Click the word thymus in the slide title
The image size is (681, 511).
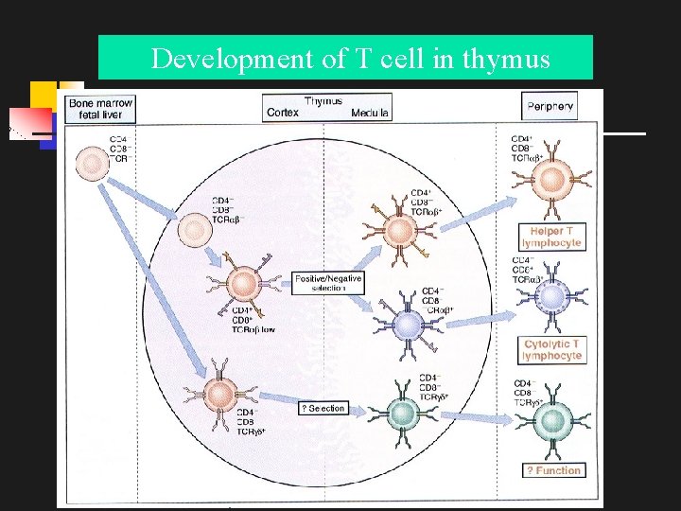[504, 60]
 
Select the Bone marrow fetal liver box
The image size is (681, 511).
[99, 108]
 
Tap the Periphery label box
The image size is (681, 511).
[550, 107]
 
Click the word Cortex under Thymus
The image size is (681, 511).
[283, 113]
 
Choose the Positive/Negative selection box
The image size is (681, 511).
[328, 283]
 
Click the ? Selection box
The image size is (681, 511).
[323, 408]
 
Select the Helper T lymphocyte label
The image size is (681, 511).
[550, 237]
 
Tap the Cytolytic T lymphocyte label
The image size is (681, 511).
[552, 349]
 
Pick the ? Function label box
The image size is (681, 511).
[553, 470]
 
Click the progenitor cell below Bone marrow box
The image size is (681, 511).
[93, 166]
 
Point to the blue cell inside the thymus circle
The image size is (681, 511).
[407, 326]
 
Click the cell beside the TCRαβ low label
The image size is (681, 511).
[243, 282]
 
